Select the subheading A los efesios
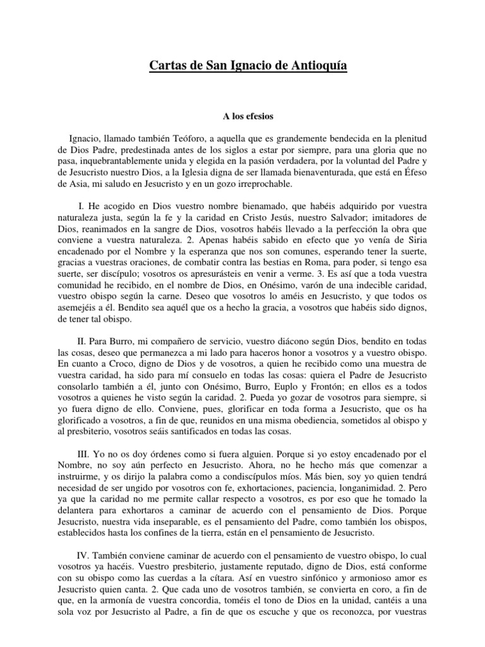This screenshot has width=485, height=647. pyautogui.click(x=242, y=116)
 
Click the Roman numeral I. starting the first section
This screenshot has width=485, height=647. pyautogui.click(x=82, y=207)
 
